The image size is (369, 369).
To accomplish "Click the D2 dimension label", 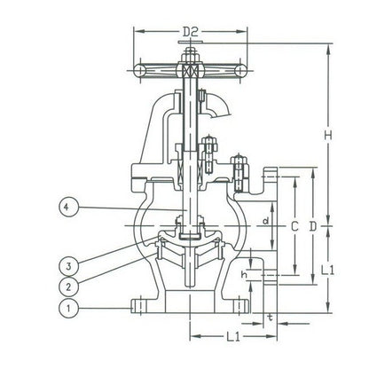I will pos(190,34).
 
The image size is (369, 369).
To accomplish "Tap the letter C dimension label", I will pos(294,227).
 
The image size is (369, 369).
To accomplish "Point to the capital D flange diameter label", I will pos(312,227).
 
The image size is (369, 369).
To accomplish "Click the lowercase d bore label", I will pos(267,216).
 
